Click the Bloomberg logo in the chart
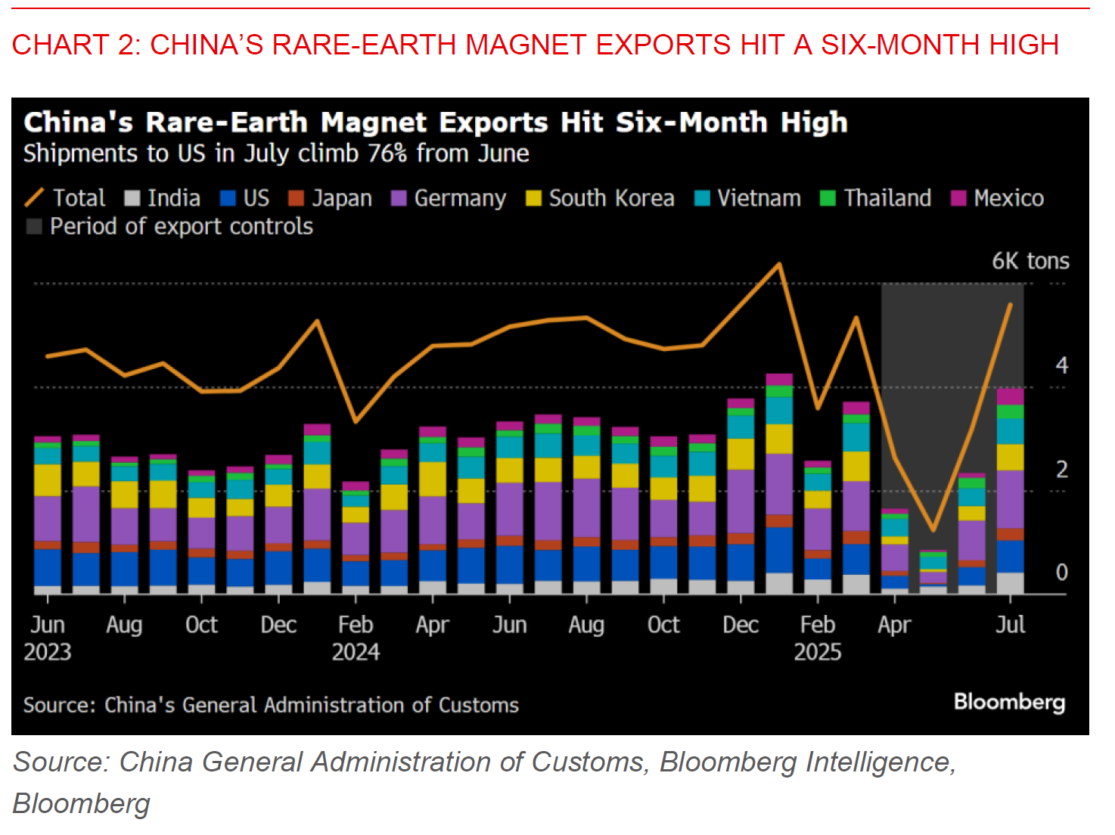pyautogui.click(x=1009, y=702)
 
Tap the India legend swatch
pyautogui.click(x=132, y=198)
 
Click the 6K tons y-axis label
pyautogui.click(x=1030, y=261)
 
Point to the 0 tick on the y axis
pyautogui.click(x=1061, y=573)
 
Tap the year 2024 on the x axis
pyautogui.click(x=356, y=652)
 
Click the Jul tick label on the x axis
pyautogui.click(x=1010, y=625)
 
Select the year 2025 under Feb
pyautogui.click(x=817, y=652)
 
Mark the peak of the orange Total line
pyautogui.click(x=779, y=264)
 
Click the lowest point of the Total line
pyautogui.click(x=933, y=529)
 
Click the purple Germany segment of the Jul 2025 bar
pyautogui.click(x=1010, y=499)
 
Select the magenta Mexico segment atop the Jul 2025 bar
pyautogui.click(x=1010, y=396)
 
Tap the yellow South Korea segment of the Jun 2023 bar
pyautogui.click(x=48, y=480)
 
